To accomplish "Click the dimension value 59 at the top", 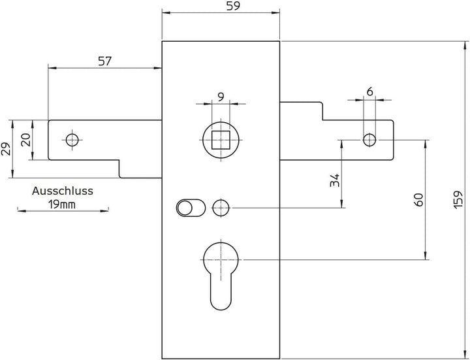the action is coord(233,6).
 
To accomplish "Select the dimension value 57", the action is coord(104,61).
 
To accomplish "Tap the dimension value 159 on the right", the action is coord(458,199).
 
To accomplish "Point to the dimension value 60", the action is coord(418,200).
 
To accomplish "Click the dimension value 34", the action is coord(334,180).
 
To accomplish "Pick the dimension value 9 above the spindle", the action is coord(221,97).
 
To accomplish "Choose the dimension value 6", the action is coord(370,91).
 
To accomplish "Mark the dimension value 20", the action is coord(26,140).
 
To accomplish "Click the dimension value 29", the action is coord(6,148).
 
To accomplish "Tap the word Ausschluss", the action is coord(63,191).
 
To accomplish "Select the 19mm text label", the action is coord(63,205).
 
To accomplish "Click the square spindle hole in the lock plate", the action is coord(221,140).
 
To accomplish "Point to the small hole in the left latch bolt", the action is coord(72,140).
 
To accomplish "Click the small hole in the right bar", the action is coord(369,140).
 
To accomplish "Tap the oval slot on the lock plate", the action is coord(191,208).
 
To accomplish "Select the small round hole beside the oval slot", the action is coord(221,208).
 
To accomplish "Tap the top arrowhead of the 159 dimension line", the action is coord(465,46).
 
